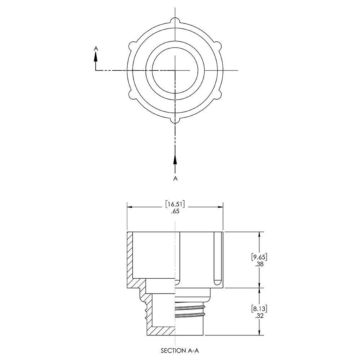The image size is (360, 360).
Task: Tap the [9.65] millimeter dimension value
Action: tap(259, 257)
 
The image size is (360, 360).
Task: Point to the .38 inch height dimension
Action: tap(259, 265)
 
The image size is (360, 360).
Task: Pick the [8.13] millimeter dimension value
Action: tap(259, 308)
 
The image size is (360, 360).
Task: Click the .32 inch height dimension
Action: tap(259, 316)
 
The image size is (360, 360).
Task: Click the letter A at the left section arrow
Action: tap(96, 48)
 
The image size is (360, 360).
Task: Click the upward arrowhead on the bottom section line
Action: tap(175, 159)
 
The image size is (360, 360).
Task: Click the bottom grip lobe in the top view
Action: tap(175, 120)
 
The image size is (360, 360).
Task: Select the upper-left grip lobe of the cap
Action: tap(132, 46)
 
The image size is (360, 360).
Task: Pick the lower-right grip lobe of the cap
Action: tap(218, 95)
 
